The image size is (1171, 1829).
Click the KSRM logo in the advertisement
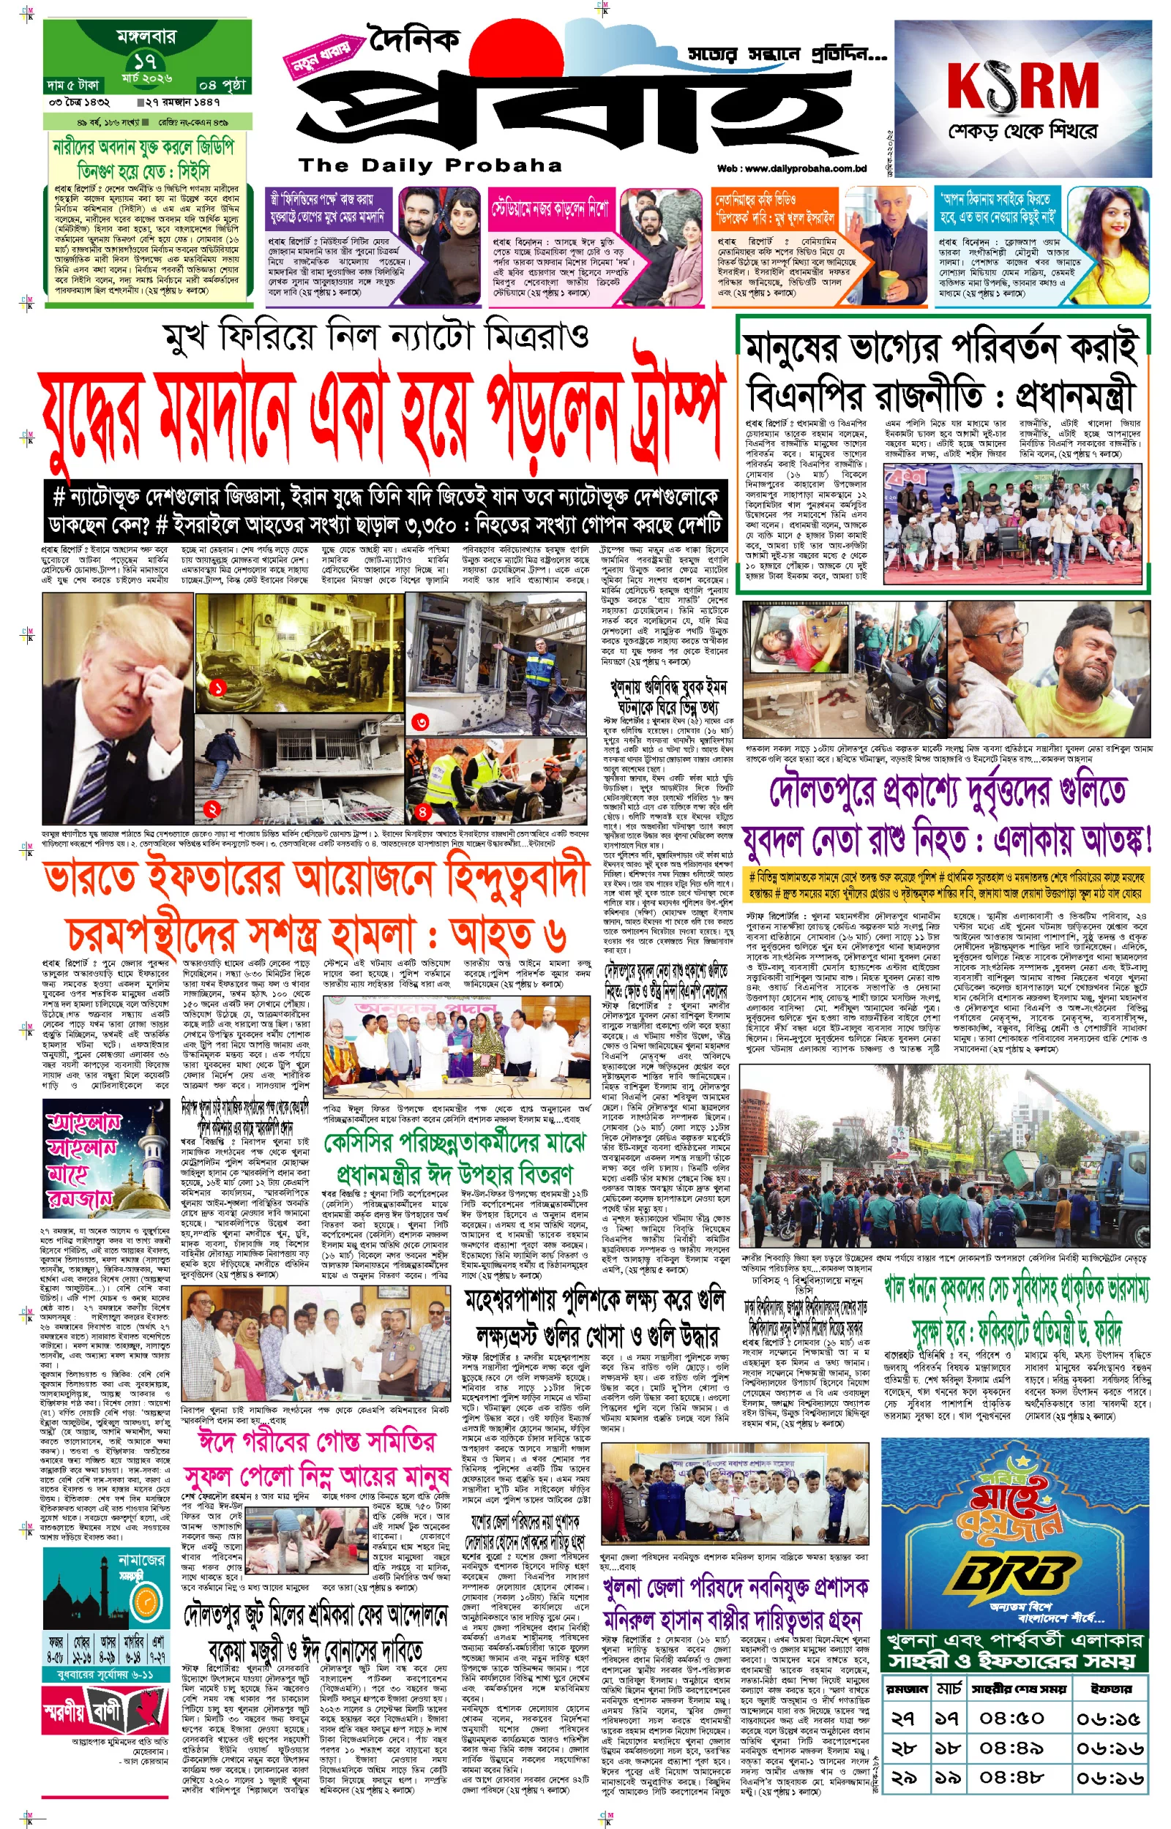point(1022,85)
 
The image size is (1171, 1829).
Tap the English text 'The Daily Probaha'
point(430,165)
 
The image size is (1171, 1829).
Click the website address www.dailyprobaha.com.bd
point(792,169)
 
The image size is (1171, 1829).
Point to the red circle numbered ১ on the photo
point(218,688)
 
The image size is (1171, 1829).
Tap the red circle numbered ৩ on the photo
point(421,721)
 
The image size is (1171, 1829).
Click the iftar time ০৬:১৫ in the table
point(1109,1717)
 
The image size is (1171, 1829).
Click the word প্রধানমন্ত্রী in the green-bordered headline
point(1074,396)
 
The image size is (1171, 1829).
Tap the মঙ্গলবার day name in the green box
point(146,36)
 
